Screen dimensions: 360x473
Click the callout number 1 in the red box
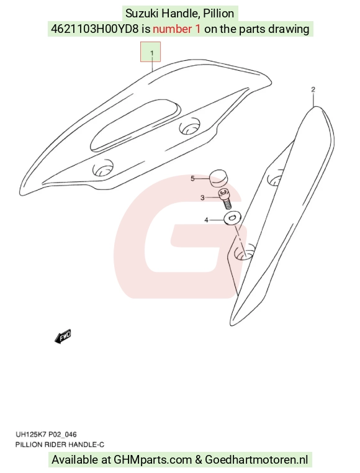[x=152, y=53]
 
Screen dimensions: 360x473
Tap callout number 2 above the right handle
[x=313, y=89]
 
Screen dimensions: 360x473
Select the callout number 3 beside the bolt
[x=202, y=197]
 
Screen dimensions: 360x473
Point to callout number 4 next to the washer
[x=207, y=220]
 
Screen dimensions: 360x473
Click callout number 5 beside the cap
[x=192, y=179]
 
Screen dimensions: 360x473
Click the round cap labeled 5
[x=218, y=178]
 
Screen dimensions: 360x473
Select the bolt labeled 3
[x=225, y=199]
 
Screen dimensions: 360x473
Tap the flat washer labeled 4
[x=232, y=217]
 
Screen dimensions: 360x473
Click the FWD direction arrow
[x=63, y=336]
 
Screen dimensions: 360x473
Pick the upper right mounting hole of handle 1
[x=189, y=127]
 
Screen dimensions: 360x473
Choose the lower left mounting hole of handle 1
[x=103, y=168]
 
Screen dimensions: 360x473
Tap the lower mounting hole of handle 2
[x=244, y=253]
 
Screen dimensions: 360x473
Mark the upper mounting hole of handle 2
[x=276, y=179]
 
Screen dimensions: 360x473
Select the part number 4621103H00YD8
[x=95, y=29]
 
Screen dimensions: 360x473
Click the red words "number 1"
[x=176, y=29]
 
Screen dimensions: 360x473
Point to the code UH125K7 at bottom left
[x=30, y=435]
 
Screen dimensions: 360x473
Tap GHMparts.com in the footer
[x=153, y=460]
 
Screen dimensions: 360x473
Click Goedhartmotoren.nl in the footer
[x=256, y=460]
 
